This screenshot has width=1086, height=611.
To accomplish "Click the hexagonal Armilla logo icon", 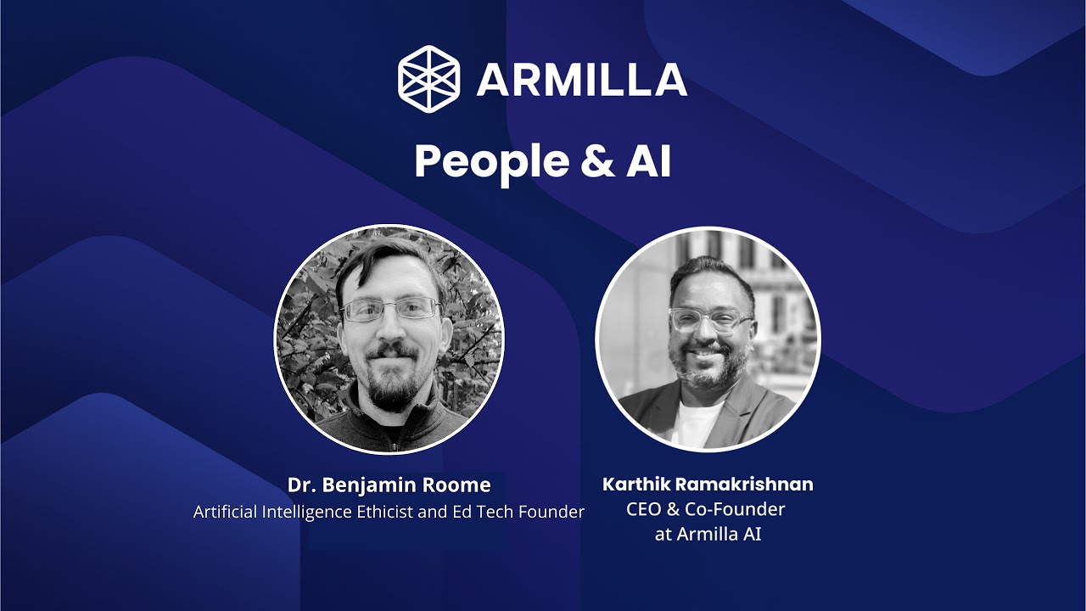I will (428, 79).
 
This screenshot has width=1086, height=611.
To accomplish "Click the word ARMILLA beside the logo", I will (581, 80).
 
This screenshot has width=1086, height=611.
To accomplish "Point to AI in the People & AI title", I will (648, 161).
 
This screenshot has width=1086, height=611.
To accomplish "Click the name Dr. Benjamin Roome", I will (389, 485).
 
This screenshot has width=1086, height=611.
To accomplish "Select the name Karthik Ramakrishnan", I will (708, 485).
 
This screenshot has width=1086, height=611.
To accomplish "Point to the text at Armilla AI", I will (708, 535).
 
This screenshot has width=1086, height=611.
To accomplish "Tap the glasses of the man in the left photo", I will (391, 311).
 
